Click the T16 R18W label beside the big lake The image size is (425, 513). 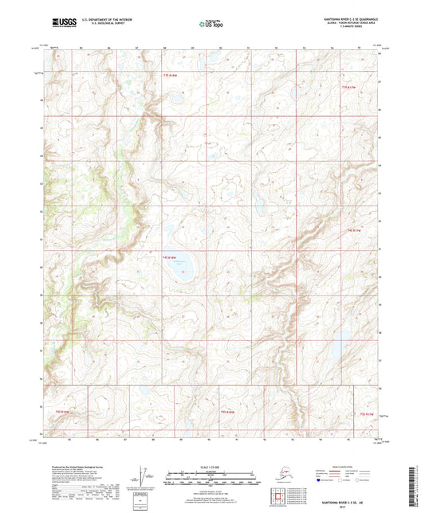coord(168,257)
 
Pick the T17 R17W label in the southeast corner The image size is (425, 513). coord(366,413)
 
